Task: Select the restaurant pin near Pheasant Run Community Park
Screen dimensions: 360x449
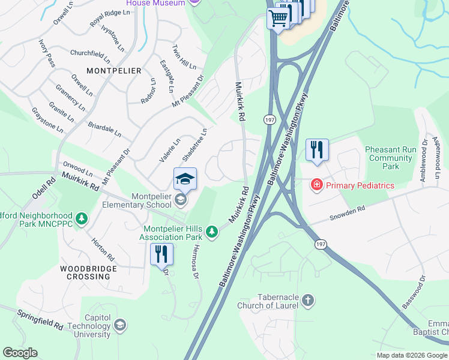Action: [x=316, y=150]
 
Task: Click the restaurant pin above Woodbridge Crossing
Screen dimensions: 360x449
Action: [x=161, y=254]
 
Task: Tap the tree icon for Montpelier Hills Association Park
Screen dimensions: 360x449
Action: [x=211, y=231]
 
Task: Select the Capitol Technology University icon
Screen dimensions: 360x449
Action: [x=119, y=325]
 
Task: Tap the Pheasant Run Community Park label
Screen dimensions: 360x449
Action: [x=391, y=158]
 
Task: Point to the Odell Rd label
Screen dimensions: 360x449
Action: [x=40, y=187]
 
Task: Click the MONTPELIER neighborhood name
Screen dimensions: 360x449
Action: [x=113, y=71]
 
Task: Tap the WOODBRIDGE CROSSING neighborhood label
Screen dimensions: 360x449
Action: [x=86, y=271]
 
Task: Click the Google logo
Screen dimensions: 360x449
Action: [x=20, y=353]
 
